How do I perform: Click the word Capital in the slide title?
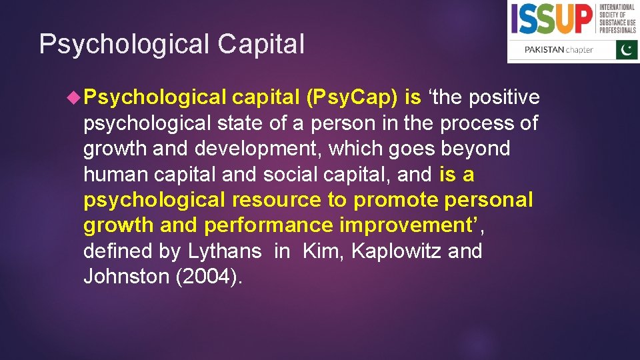tap(261, 45)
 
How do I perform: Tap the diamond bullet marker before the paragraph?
tap(75, 97)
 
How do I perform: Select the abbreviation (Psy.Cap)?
tap(351, 97)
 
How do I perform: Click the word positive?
tap(505, 97)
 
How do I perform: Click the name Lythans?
tap(225, 252)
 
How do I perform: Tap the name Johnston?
tap(126, 277)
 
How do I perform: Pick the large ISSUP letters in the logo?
tap(552, 19)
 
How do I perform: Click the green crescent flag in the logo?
tap(626, 49)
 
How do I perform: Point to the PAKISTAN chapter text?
tap(559, 50)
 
